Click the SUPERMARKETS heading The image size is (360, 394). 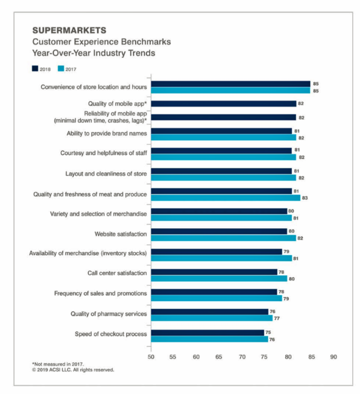point(69,31)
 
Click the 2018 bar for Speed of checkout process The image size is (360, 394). point(207,333)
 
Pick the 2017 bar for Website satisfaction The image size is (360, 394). point(223,238)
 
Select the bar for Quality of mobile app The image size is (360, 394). point(223,104)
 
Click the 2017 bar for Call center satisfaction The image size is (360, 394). point(219,279)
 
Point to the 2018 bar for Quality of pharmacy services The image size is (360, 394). point(210,312)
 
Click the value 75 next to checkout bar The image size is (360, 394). point(269,333)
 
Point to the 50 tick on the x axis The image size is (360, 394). point(150,356)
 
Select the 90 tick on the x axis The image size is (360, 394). point(333,356)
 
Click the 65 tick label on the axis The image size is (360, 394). point(219,356)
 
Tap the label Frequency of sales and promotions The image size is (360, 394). point(100,294)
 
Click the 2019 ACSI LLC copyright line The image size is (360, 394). point(73,369)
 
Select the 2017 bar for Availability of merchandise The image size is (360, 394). point(221,258)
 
